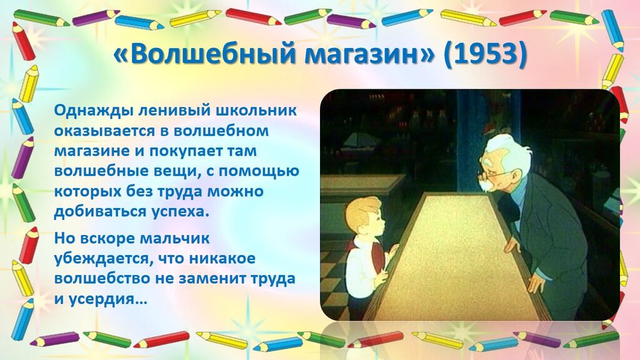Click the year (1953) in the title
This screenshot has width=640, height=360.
485,54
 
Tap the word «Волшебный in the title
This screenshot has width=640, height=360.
203,54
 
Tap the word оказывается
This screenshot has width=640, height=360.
111,131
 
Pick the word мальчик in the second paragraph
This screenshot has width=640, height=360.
175,238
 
